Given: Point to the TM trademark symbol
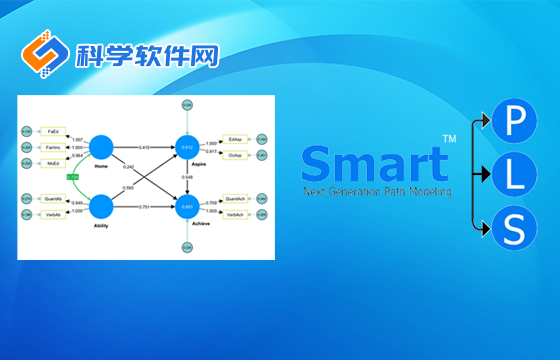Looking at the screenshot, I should pyautogui.click(x=449, y=139).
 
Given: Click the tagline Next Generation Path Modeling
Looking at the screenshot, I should pyautogui.click(x=378, y=191).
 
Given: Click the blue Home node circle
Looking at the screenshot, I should pyautogui.click(x=100, y=146).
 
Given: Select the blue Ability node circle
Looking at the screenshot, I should pyautogui.click(x=100, y=207).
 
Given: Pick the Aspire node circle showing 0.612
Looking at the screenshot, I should pyautogui.click(x=186, y=146).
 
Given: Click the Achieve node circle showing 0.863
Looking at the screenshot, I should pyautogui.click(x=186, y=207).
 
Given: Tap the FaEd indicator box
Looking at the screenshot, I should pyautogui.click(x=55, y=132).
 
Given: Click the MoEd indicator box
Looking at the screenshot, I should pyautogui.click(x=55, y=160).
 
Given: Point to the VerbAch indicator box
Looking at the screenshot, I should pyautogui.click(x=236, y=214).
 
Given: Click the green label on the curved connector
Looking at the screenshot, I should pyautogui.click(x=72, y=177).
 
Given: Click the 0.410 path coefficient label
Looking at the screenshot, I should pyautogui.click(x=144, y=147).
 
